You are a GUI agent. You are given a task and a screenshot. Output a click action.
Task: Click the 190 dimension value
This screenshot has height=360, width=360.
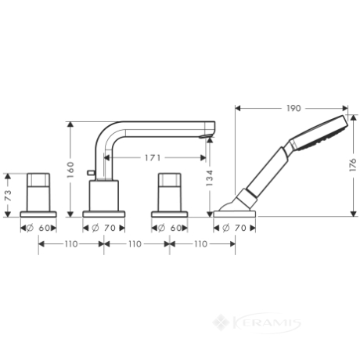pyautogui.click(x=293, y=108)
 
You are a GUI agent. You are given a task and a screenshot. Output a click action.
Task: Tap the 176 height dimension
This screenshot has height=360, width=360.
pyautogui.click(x=353, y=164)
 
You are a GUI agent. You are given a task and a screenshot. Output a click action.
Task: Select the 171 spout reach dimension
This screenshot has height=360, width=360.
pyautogui.click(x=153, y=157)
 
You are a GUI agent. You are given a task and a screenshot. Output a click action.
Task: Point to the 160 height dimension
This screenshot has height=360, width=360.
pyautogui.click(x=70, y=170)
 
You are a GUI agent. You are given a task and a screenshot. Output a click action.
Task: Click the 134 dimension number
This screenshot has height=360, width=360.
pyautogui.click(x=210, y=178)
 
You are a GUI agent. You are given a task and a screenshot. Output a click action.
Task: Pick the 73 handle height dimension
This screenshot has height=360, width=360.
pyautogui.click(x=9, y=196)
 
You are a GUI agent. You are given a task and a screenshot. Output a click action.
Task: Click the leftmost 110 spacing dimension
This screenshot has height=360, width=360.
pyautogui.click(x=71, y=244)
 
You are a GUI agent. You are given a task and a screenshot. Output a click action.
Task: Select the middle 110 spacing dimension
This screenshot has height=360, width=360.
pyautogui.click(x=135, y=244)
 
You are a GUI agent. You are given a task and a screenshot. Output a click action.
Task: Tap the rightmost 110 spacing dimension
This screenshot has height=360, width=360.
pyautogui.click(x=200, y=244)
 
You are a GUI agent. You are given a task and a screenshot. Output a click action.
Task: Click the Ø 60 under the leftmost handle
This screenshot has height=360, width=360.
pyautogui.click(x=38, y=228)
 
